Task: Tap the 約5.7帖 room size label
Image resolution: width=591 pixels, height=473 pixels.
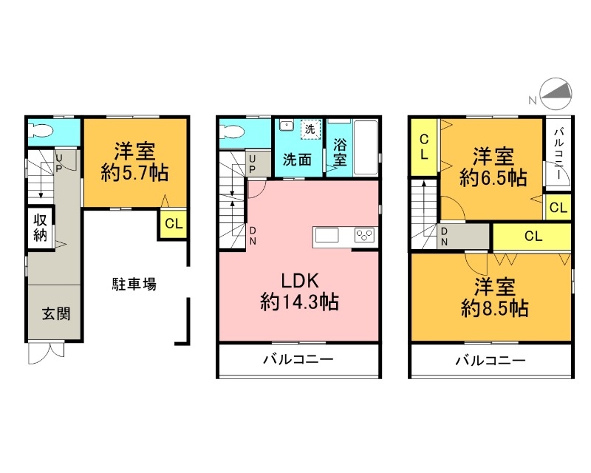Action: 134,174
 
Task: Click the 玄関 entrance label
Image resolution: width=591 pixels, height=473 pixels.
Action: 55,313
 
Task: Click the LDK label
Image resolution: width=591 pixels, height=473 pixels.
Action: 298,282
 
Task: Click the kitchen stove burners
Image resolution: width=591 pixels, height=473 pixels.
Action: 365,235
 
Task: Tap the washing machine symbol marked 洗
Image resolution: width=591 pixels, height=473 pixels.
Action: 310,129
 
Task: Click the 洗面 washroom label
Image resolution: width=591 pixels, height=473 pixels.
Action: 298,158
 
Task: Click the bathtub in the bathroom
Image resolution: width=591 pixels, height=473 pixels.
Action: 366,147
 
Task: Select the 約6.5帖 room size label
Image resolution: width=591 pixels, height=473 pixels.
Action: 493,177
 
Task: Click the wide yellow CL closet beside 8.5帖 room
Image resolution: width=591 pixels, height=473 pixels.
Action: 531,236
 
